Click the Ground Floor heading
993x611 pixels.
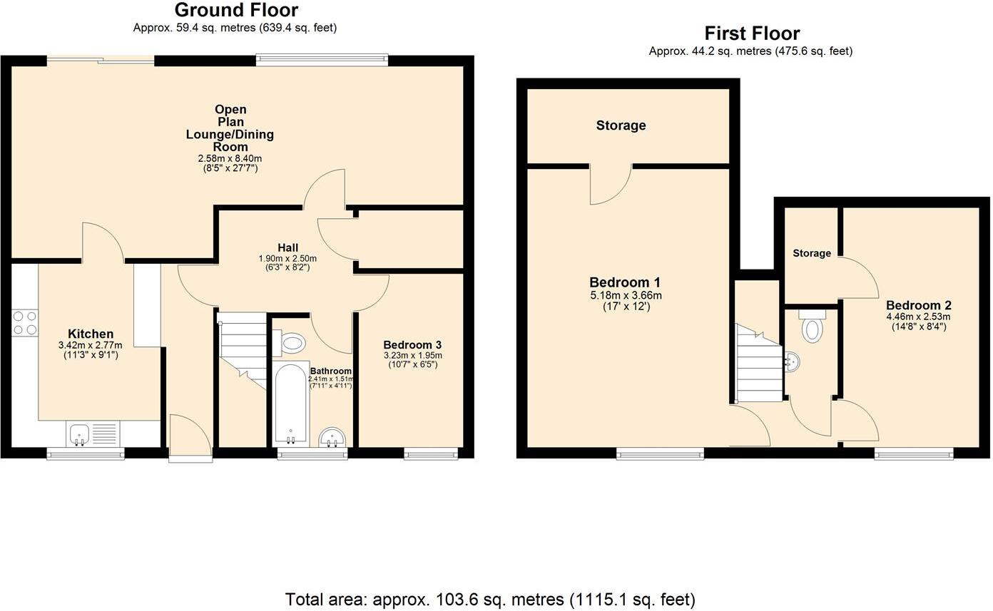(236, 10)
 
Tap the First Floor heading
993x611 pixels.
(752, 34)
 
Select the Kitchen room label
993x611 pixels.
(91, 334)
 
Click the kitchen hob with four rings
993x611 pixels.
(25, 322)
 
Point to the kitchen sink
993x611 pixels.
(79, 433)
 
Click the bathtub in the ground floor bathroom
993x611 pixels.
(291, 405)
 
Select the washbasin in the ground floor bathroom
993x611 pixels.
(332, 437)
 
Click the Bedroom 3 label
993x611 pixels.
(412, 344)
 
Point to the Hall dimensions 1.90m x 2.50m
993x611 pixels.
(287, 258)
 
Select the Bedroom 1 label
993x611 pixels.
(620, 282)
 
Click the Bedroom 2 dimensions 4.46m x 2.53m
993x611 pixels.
(918, 317)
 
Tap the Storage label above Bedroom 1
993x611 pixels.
(621, 125)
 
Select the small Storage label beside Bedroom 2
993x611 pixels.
(812, 253)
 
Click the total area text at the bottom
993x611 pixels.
(490, 599)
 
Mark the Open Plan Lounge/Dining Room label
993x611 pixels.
(230, 128)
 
